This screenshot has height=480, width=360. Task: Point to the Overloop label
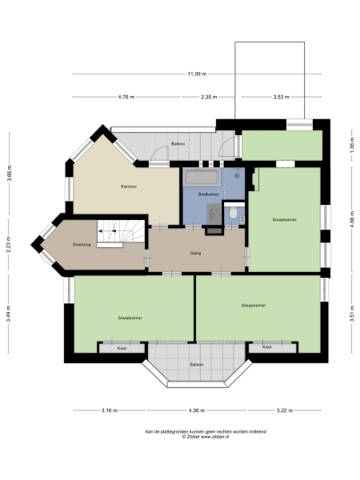(x=80, y=244)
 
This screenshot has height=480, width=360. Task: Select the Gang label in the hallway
(x=194, y=253)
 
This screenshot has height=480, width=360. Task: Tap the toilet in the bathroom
(x=231, y=214)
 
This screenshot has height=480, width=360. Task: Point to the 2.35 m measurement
(x=208, y=97)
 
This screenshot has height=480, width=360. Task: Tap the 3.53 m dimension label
(x=279, y=97)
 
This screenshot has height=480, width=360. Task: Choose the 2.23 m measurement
(x=10, y=245)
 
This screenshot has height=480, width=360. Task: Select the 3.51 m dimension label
(x=351, y=315)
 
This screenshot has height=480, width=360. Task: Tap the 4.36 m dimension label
(x=195, y=411)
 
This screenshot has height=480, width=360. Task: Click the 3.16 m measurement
(x=110, y=411)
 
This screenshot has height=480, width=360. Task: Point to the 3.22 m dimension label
(x=285, y=411)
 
